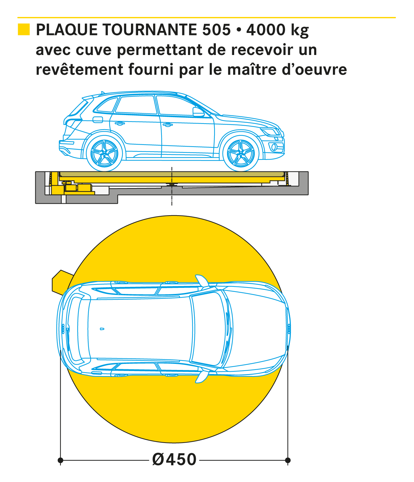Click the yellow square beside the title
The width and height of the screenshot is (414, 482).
tap(24, 30)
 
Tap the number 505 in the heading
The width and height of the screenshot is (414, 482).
tap(216, 30)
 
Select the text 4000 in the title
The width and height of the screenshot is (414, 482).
tap(266, 30)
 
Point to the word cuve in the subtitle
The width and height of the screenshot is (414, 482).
tap(94, 50)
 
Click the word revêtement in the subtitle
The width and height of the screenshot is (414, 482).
tap(79, 70)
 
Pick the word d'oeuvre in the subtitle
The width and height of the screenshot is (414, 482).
tap(314, 70)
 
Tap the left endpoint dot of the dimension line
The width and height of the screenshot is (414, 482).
tap(60, 460)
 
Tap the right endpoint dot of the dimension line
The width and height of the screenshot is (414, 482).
tap(288, 460)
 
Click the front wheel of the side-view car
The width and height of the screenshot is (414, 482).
tap(241, 153)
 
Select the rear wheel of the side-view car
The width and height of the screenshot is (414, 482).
tap(104, 153)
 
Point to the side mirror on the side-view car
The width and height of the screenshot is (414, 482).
tap(198, 112)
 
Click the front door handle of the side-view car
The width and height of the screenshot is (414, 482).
tap(168, 125)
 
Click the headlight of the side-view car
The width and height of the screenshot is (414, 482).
tap(270, 132)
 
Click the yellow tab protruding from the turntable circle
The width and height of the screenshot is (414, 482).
tap(61, 282)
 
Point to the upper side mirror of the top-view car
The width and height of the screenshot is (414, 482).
tap(202, 280)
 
